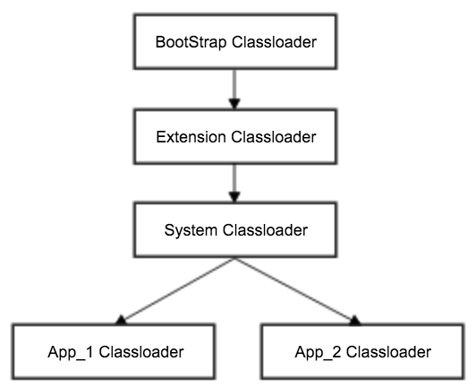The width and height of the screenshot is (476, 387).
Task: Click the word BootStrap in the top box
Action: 191,42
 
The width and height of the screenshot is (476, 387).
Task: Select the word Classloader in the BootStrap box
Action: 275,41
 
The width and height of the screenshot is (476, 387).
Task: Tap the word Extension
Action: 191,137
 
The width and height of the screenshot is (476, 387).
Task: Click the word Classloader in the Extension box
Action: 274,137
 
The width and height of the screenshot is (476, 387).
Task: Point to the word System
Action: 191,231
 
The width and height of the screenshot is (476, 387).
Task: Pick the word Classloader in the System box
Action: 266,230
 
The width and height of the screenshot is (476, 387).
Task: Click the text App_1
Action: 71,353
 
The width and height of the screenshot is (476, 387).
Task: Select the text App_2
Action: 319,353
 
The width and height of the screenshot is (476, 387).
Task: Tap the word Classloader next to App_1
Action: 141,352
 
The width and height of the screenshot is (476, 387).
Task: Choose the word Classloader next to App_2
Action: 389,352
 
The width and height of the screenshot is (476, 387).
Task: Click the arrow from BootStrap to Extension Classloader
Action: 234,89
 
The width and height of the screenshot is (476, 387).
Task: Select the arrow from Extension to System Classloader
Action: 234,183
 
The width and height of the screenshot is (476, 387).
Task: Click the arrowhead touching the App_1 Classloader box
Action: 121,321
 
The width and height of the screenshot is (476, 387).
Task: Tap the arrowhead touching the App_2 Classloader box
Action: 354,321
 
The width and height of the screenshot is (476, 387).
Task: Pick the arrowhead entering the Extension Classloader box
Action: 234,104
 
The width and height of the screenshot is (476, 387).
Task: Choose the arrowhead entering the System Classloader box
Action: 234,197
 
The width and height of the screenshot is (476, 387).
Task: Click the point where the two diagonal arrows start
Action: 234,259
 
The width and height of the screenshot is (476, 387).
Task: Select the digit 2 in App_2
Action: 337,352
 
